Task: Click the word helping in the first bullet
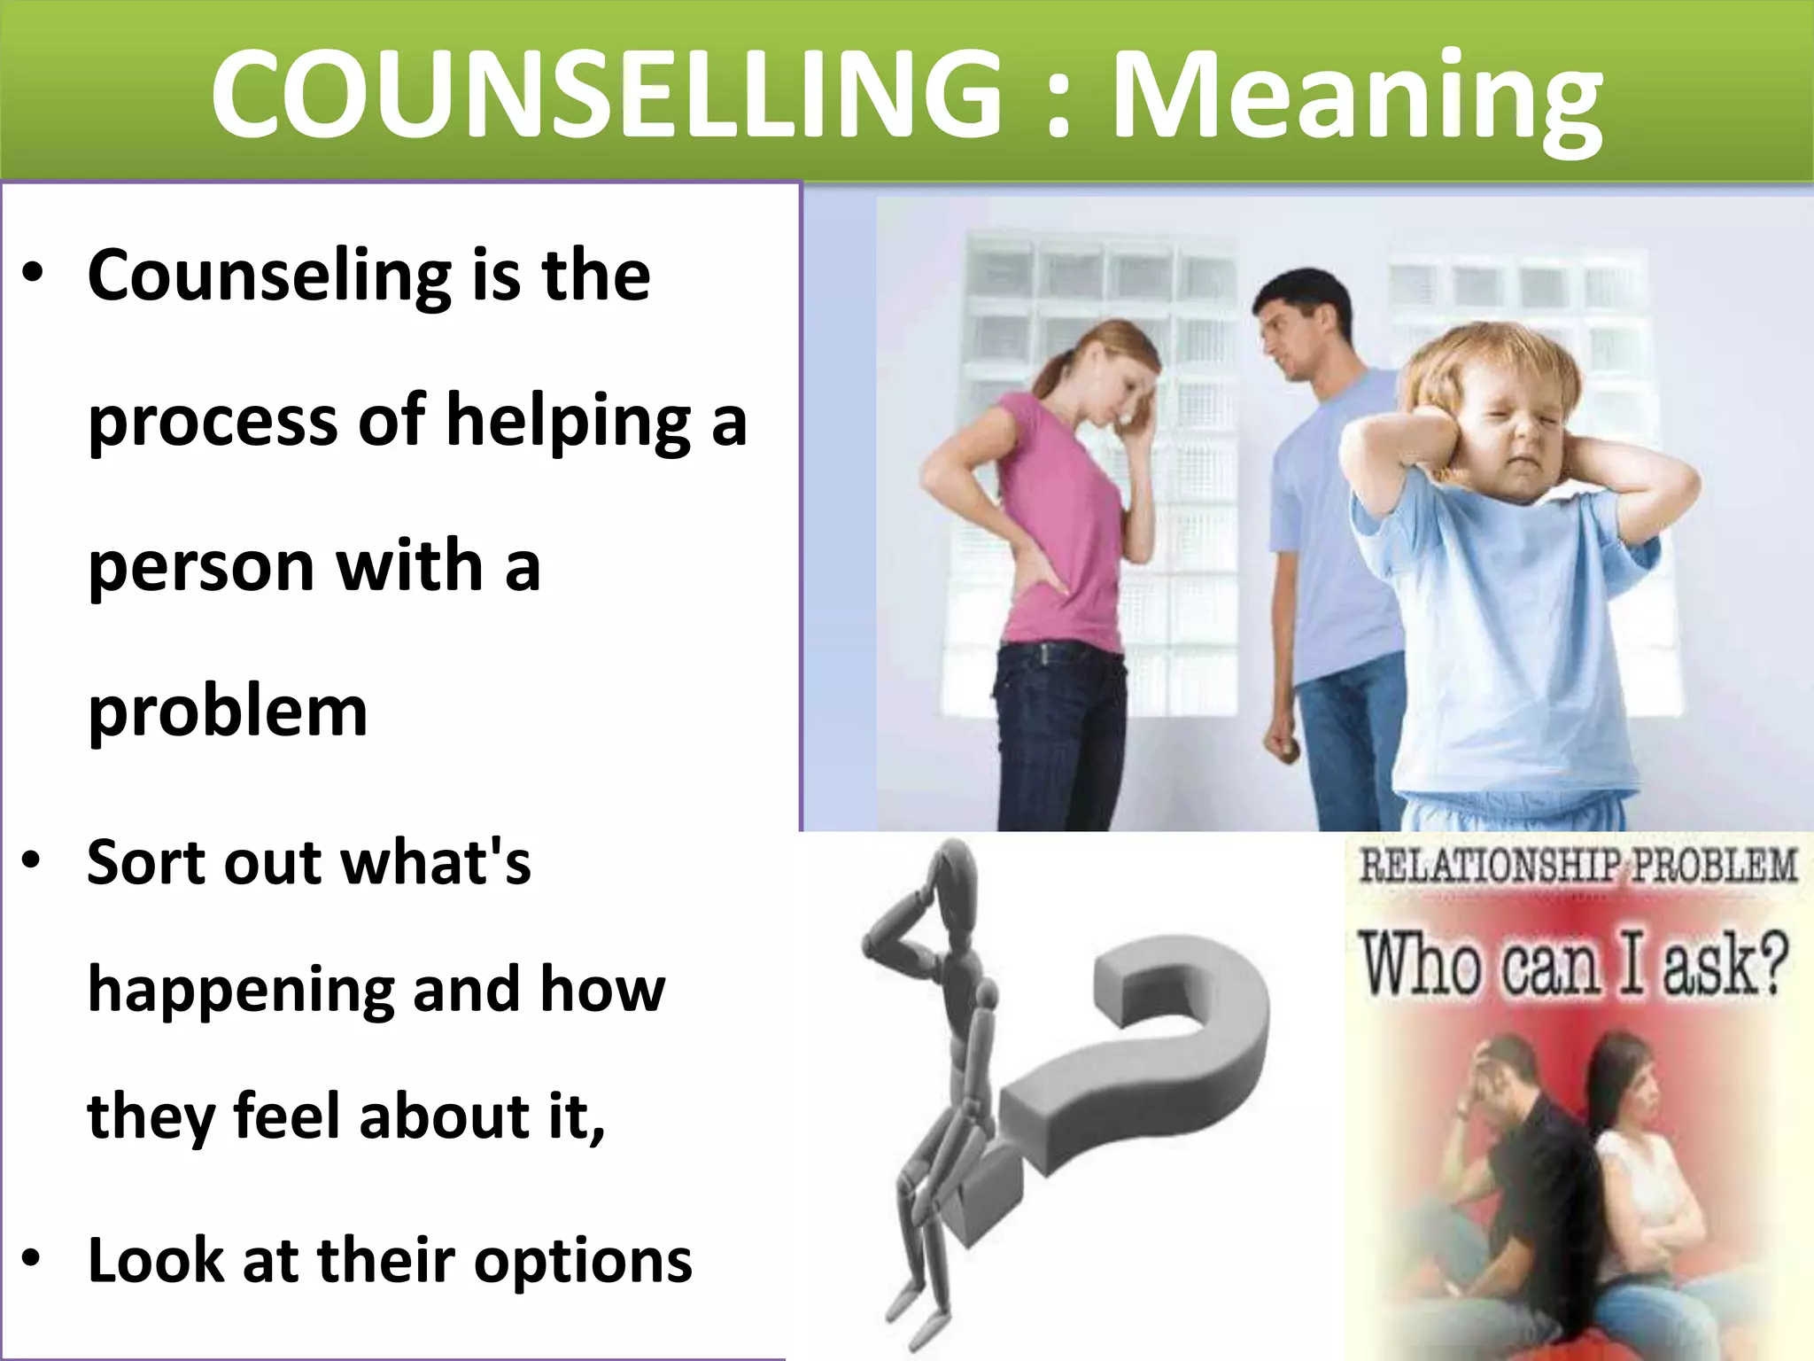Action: (568, 422)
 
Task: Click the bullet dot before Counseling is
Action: (33, 273)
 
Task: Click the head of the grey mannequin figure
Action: (952, 874)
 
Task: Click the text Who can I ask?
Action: (1573, 965)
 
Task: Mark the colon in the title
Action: (1058, 106)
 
